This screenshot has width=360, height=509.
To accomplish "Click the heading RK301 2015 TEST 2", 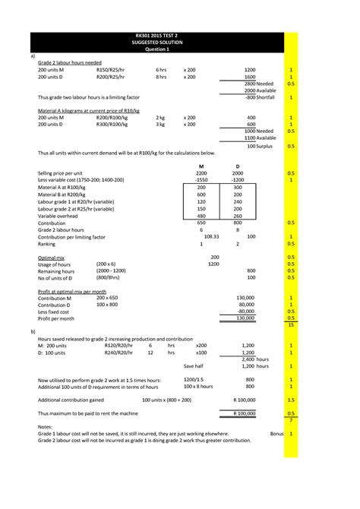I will (x=162, y=36).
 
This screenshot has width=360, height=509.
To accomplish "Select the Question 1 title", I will (x=162, y=49).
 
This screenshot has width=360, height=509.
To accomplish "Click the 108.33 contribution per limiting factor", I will (x=201, y=236).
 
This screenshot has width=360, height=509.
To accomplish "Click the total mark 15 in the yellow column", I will (x=291, y=324).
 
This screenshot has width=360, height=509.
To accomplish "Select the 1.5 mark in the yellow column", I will (x=291, y=398).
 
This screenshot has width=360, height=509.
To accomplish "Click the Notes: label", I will (x=45, y=426).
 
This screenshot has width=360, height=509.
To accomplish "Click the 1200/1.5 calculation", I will (x=194, y=379).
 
